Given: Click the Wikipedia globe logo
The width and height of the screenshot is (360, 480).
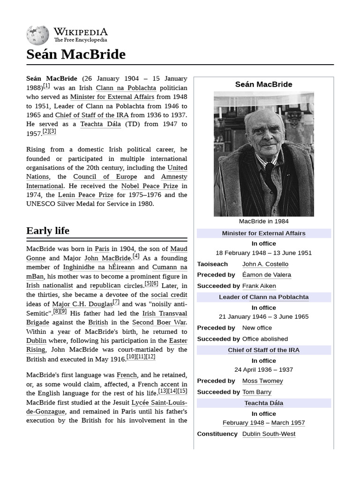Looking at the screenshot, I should [37, 35].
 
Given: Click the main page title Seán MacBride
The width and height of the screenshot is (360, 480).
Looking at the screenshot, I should [76, 54].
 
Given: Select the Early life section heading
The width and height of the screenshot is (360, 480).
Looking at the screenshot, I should [48, 231].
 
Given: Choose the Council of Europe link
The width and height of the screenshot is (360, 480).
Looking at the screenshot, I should [105, 177].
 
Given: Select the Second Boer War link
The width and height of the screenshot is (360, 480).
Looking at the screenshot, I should [159, 322].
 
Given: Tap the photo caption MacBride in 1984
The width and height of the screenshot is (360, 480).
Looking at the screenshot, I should [263, 221].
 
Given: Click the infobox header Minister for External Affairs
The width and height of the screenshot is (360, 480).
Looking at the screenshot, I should [263, 233].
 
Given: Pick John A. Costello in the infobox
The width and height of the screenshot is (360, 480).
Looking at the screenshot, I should [265, 264].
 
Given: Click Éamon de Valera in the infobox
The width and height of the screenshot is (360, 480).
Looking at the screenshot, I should [266, 275].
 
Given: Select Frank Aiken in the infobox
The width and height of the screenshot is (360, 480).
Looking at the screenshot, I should [259, 286].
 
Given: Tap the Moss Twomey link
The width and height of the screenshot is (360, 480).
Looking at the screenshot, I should [262, 381].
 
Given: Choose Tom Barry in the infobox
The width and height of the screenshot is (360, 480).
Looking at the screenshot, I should [256, 392].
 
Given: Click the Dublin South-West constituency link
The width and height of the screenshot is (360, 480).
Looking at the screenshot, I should [269, 434].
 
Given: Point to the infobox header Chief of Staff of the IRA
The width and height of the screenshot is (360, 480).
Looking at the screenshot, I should [263, 350].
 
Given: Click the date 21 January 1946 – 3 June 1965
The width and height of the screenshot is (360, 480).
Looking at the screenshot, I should [263, 317].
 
